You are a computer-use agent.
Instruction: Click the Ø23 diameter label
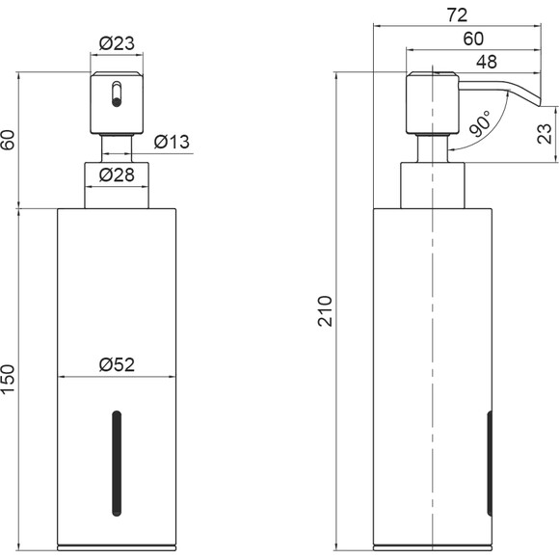(x=117, y=43)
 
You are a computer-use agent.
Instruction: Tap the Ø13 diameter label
(x=172, y=142)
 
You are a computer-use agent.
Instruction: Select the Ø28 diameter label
(x=117, y=175)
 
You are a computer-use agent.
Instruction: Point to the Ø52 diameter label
(x=117, y=364)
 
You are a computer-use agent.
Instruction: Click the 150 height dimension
(x=8, y=379)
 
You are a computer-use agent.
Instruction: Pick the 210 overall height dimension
(x=325, y=311)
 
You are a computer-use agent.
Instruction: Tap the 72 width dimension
(x=457, y=15)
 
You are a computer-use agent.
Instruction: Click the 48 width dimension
(x=487, y=62)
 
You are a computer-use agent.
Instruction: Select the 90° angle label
(x=480, y=123)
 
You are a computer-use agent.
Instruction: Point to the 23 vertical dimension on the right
(x=545, y=134)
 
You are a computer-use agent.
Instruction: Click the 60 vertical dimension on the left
(x=8, y=140)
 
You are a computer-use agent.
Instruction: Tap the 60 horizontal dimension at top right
(x=473, y=39)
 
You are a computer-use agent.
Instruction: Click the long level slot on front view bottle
(x=117, y=464)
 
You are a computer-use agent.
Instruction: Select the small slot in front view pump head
(x=117, y=94)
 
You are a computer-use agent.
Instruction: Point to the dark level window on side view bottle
(x=490, y=464)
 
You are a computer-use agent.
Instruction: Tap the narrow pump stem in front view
(x=117, y=149)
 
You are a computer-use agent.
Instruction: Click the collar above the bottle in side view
(x=433, y=186)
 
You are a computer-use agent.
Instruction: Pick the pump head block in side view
(x=433, y=103)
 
